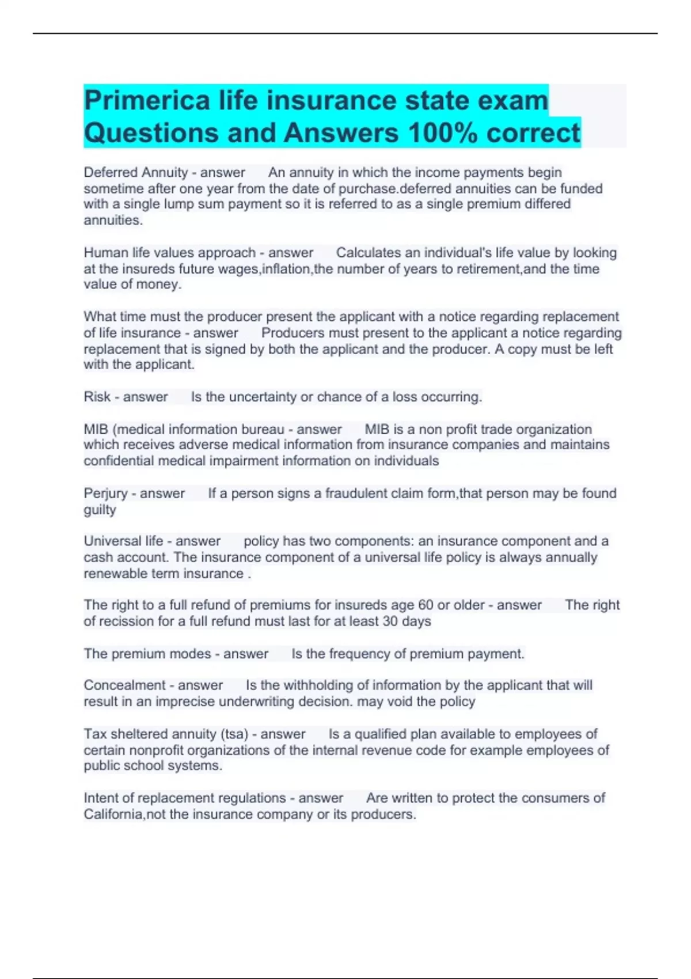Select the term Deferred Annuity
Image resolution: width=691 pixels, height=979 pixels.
point(136,172)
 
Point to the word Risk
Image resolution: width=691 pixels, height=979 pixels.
point(97,397)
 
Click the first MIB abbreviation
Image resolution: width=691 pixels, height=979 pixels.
point(96,429)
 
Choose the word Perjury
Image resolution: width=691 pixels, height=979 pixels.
point(105,494)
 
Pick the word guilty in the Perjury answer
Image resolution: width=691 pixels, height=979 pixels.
point(100,510)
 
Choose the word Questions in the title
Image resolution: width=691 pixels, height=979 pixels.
point(151,133)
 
